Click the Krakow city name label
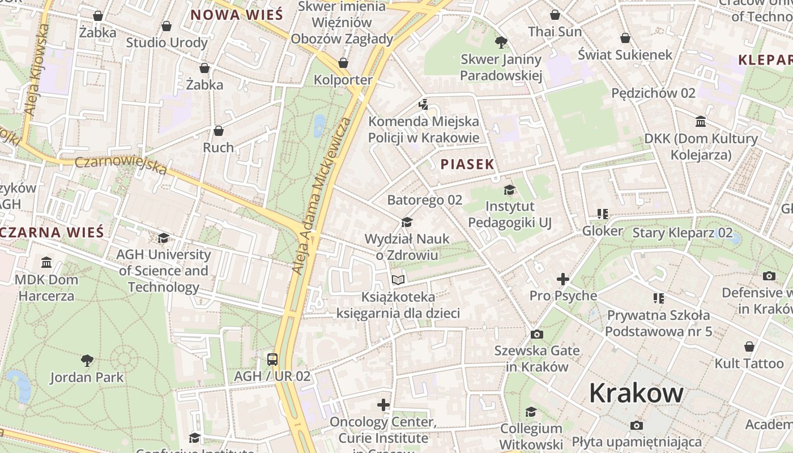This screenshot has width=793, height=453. click(636, 392)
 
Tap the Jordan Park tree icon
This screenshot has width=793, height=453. click(87, 360)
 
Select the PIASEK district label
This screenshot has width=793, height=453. click(467, 164)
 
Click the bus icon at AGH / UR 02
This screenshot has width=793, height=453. click(272, 359)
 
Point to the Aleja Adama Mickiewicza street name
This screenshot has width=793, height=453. click(321, 196)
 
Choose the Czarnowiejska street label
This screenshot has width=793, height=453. click(121, 165)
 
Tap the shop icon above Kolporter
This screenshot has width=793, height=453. click(343, 62)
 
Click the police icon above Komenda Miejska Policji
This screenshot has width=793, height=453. click(423, 104)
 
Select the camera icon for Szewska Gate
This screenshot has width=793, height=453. click(536, 334)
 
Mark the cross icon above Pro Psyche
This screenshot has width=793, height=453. click(562, 279)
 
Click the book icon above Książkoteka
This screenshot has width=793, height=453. click(398, 280)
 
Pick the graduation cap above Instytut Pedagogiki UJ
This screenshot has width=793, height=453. click(509, 190)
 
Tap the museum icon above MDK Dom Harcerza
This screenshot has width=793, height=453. click(46, 263)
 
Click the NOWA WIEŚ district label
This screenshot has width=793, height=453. click(236, 15)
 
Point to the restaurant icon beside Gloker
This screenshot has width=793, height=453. click(602, 214)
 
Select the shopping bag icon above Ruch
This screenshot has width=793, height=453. click(219, 131)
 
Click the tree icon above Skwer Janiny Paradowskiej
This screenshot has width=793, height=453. click(501, 42)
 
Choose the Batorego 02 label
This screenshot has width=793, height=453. click(424, 200)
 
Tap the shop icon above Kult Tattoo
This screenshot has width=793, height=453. click(749, 346)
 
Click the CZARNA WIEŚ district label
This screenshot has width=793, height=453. click(52, 232)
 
